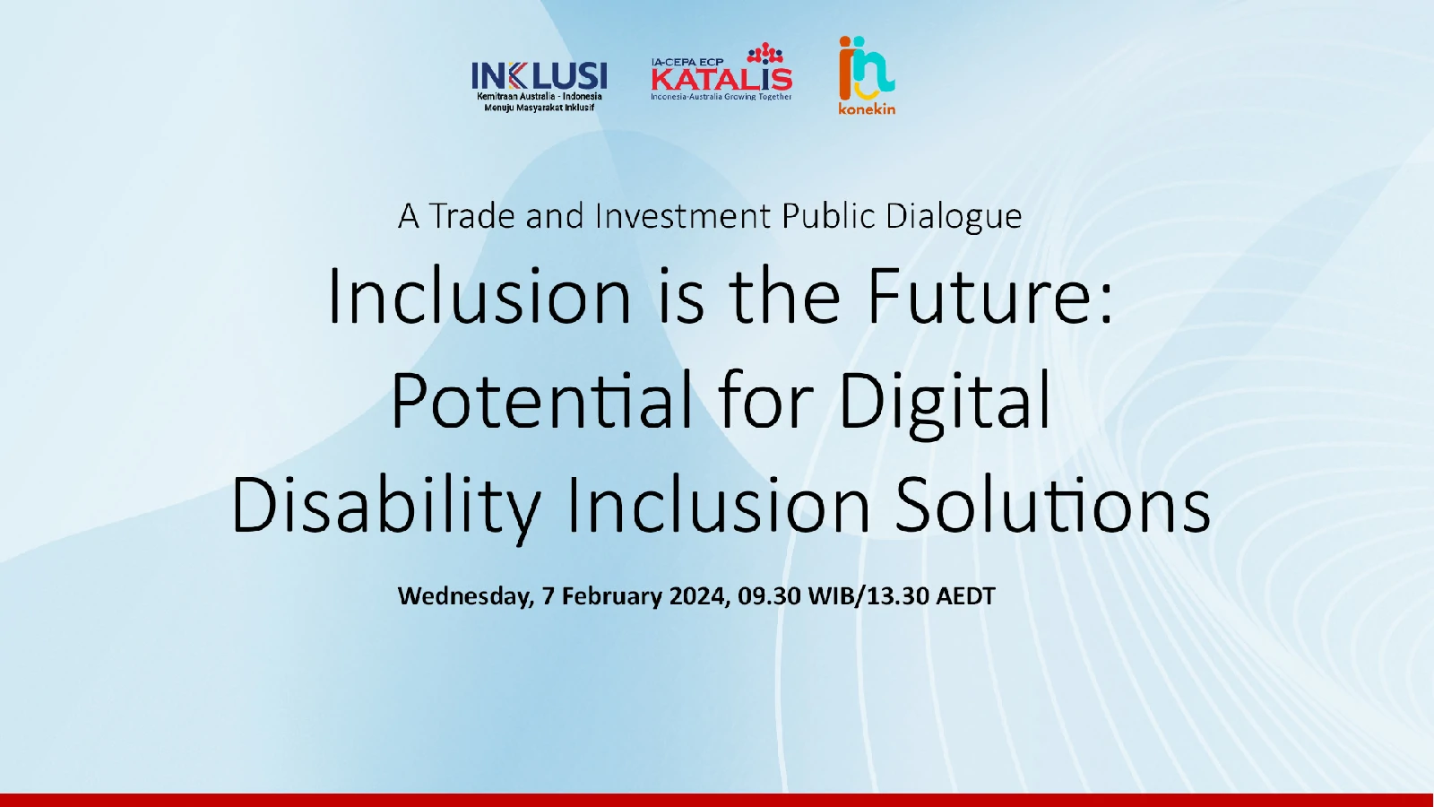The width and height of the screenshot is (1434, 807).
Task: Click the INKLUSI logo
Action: click(x=539, y=86)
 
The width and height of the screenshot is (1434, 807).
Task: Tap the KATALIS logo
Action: click(x=721, y=72)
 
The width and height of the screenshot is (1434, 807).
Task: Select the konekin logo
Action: click(x=867, y=75)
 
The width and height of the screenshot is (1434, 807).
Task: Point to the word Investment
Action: click(x=682, y=216)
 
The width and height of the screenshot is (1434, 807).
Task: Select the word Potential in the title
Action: click(x=541, y=400)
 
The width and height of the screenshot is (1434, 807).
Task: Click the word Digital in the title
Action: click(x=945, y=403)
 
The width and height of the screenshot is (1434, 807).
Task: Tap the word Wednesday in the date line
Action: click(x=465, y=596)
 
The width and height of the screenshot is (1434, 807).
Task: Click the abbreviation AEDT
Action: click(x=965, y=595)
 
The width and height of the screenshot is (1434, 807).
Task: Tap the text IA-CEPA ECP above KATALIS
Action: click(x=687, y=62)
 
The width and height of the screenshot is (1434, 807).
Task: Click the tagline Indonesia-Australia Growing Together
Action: click(x=721, y=97)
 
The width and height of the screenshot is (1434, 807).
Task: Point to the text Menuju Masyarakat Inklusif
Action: click(x=539, y=108)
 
